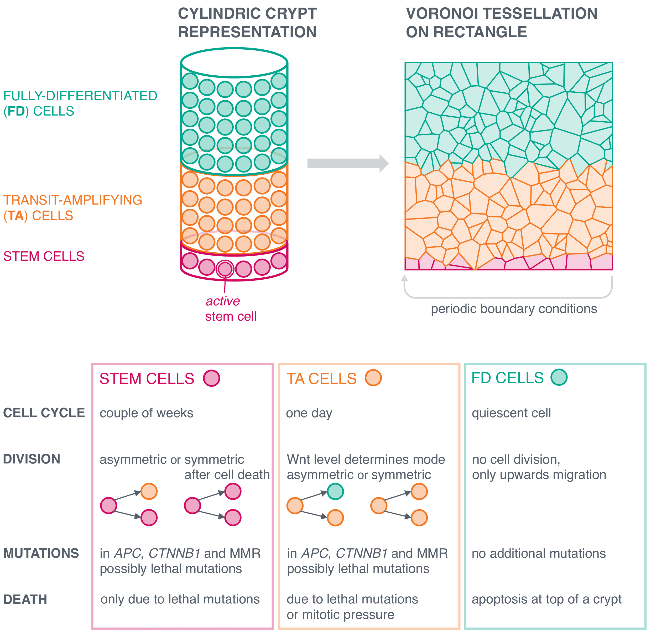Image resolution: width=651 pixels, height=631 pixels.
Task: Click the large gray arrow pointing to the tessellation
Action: (348, 163)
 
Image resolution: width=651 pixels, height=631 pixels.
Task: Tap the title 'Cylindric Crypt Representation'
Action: (247, 23)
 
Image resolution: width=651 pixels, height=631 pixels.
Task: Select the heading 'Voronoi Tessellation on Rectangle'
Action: (502, 23)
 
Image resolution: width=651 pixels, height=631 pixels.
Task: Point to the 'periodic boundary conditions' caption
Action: (514, 309)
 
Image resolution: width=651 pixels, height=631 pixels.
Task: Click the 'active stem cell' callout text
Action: (231, 309)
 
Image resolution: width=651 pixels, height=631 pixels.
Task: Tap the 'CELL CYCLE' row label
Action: (44, 413)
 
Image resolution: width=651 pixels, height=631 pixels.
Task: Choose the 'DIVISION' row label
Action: (32, 459)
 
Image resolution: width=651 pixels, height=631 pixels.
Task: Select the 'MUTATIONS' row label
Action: (41, 553)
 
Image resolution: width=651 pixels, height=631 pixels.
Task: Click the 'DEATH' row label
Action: (25, 599)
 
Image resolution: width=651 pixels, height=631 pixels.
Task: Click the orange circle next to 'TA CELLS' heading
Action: (373, 378)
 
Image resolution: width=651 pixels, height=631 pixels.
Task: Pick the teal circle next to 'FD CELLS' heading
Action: (559, 377)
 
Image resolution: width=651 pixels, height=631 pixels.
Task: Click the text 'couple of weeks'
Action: (147, 413)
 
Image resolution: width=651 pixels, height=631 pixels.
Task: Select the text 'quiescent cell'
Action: (511, 413)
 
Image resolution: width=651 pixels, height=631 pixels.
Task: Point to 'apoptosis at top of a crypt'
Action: (546, 599)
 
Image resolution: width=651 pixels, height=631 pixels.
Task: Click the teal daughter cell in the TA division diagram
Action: (335, 492)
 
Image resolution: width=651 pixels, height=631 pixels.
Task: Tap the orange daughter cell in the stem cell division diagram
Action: (149, 492)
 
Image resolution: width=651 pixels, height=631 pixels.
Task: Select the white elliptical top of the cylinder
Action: (234, 63)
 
